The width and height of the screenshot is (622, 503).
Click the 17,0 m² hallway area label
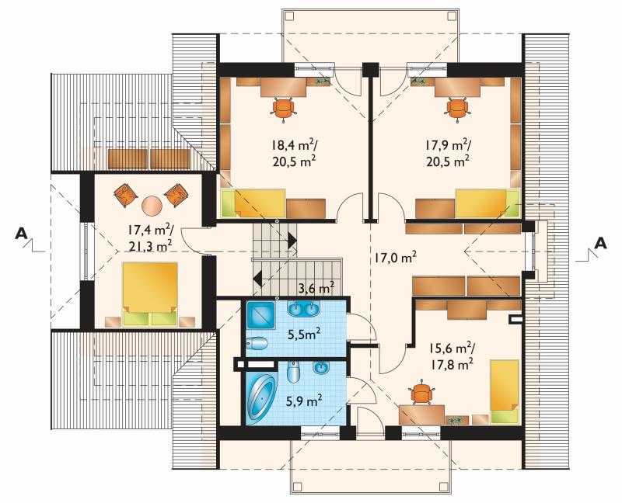395,258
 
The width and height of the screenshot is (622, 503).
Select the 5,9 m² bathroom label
304,401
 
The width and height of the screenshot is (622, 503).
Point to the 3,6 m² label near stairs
316,287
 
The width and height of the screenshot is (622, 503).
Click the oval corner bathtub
261,397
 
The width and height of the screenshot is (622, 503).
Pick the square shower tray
260,315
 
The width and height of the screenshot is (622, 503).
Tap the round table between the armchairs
152,205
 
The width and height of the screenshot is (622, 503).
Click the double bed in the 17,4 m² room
150,294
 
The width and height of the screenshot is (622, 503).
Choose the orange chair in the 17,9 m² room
458,107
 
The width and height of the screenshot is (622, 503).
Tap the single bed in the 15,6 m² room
505,391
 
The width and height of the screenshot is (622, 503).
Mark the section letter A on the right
601,243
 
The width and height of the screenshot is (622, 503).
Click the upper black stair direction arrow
292,240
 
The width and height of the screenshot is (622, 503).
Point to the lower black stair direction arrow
257,278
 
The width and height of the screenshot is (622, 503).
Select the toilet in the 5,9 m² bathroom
293,373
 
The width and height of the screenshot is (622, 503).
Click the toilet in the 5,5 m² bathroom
257,343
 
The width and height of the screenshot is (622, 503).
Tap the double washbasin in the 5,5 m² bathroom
304,309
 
